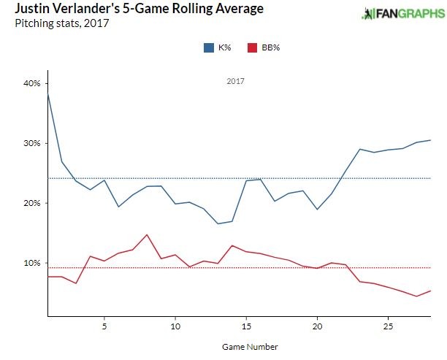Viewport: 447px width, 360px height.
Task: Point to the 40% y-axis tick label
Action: (x=31, y=83)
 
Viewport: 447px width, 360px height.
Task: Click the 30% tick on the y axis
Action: (x=31, y=143)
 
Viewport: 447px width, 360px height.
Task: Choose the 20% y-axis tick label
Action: (x=31, y=203)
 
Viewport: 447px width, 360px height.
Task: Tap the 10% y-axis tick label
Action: (x=31, y=263)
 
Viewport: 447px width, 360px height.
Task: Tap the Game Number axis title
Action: (x=246, y=346)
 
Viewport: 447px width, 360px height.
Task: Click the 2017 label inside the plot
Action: (x=234, y=82)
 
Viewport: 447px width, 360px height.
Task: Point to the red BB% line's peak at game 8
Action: (x=147, y=234)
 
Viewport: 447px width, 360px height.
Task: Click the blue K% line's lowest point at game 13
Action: (x=218, y=223)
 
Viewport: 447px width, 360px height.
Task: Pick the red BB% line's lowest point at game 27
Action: (x=416, y=296)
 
